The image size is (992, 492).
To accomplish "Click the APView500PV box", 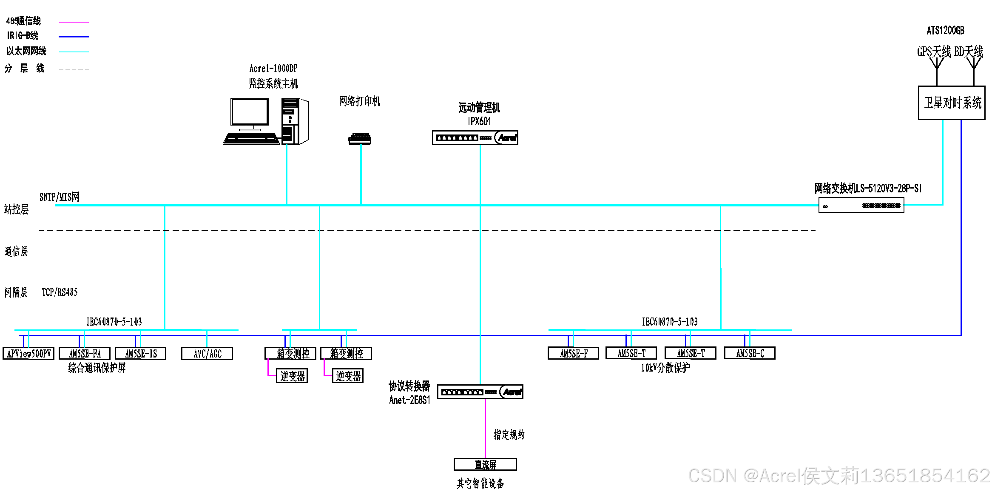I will coord(28,354).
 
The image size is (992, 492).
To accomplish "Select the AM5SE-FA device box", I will coord(85,354).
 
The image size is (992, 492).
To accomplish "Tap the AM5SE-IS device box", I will coord(141,354).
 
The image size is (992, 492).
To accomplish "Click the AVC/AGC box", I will coord(207,354).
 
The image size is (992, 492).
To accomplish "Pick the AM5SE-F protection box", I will coord(574,353).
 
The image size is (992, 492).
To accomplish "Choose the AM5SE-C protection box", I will coord(750,353).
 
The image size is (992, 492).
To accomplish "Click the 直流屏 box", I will coord(485,464).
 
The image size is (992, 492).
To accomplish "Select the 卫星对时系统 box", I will coord(952,103).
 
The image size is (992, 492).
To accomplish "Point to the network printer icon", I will coord(360,139).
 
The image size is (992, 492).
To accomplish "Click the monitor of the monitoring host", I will coord(250,113).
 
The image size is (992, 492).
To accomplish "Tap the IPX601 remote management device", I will coord(475,138).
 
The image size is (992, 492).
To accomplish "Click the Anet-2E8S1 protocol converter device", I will coord(480,392).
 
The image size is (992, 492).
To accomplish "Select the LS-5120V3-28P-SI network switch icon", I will coord(861,206).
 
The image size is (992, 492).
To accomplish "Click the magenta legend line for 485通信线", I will coord(74,22).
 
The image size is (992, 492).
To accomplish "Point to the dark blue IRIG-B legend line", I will coord(74,37).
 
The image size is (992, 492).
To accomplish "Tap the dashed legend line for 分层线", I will coord(74,69).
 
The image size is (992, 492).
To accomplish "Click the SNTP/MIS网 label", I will coord(60,197).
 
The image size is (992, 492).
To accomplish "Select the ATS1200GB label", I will coord(945,31).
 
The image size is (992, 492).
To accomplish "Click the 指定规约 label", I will coord(509,435).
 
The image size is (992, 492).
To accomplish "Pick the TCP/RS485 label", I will coord(60,292).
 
